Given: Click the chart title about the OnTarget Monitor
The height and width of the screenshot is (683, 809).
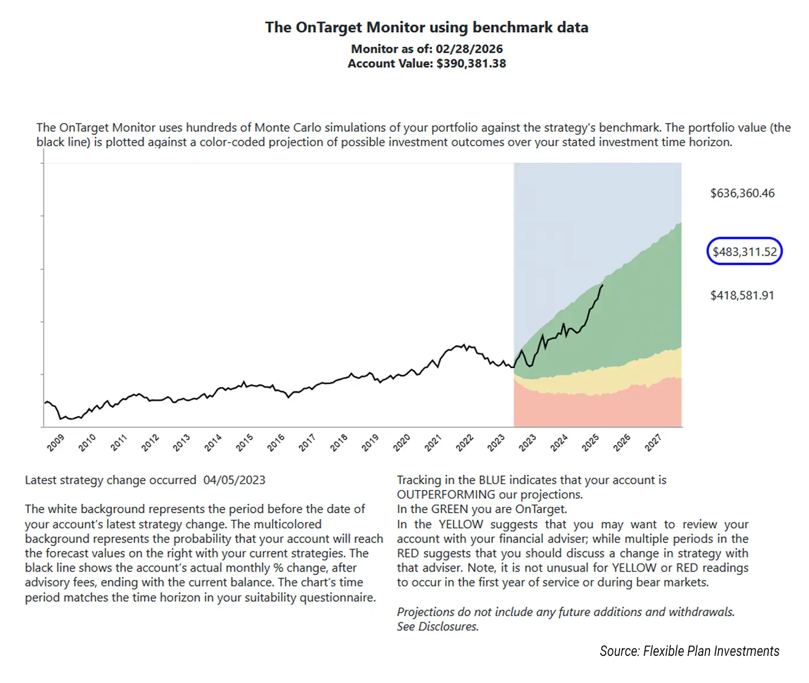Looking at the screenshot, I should point(426,28).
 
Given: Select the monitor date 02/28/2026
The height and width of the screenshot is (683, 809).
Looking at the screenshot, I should point(469,49).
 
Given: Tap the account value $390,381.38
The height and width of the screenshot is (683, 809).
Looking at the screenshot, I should point(471,64).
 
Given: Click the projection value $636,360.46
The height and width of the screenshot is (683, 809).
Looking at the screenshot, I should point(742,194).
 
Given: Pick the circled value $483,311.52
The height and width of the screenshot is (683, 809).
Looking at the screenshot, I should point(744,252).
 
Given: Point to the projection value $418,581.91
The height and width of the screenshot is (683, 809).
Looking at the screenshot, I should point(742,296).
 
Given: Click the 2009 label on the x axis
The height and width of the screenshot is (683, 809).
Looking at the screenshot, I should point(55,443).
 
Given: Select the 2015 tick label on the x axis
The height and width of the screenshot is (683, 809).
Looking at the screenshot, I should point(244,443).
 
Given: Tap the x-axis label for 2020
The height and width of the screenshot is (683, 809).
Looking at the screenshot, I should point(402,443).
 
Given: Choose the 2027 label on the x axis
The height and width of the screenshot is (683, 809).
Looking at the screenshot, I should point(653,443).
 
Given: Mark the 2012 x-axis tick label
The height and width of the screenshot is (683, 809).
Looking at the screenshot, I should point(150,443).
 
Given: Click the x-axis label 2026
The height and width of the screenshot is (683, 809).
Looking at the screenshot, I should point(622,443).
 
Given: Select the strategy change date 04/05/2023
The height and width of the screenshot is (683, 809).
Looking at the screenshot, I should point(234,480).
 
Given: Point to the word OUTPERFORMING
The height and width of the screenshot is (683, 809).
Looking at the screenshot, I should point(446,495).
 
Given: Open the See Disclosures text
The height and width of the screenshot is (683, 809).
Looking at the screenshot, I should point(437,627).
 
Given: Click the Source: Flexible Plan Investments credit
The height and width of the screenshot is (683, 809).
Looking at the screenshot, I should point(689,651).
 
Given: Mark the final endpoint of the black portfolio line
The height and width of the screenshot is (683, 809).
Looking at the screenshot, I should point(603,285).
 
